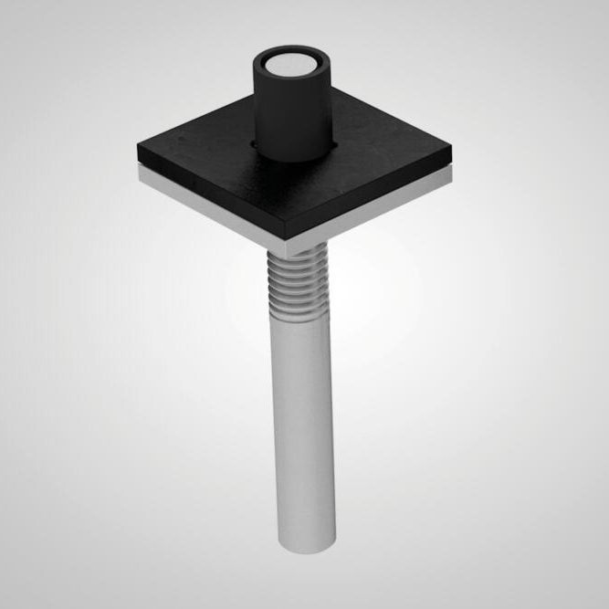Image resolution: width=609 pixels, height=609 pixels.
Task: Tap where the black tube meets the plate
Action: point(290,155)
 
